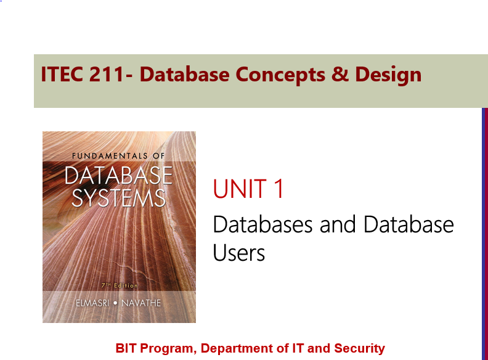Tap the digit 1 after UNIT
point(279,189)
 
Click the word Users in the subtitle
point(239,253)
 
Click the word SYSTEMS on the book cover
point(119,198)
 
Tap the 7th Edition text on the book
point(119,285)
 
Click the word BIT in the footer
point(126,348)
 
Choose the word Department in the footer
point(237,348)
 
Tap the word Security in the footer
point(359,348)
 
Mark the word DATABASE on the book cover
point(118,176)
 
